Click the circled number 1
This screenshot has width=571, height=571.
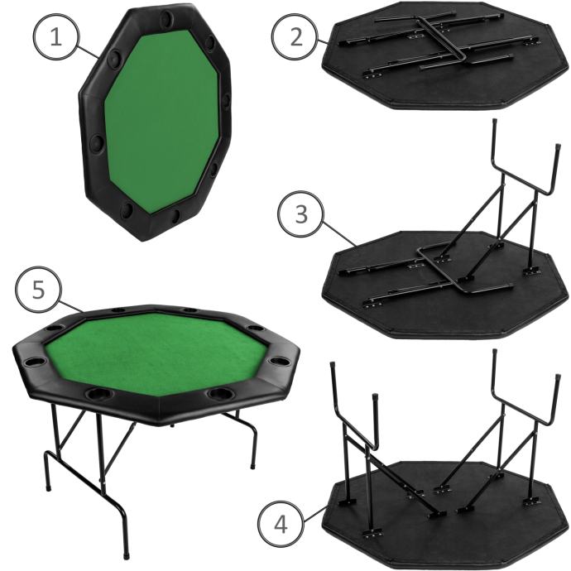(55, 36)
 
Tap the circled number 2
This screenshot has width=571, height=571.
(295, 36)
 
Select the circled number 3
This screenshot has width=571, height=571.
(300, 214)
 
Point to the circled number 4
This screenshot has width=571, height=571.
(281, 525)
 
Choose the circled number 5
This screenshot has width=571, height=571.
(38, 290)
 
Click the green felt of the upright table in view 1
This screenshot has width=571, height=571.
(162, 120)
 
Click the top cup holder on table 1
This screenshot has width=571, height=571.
(167, 17)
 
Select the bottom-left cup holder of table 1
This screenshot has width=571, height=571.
(127, 209)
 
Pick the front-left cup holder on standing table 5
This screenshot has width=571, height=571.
(98, 394)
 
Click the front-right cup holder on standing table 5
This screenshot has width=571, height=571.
(220, 394)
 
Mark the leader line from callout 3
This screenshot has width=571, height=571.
(340, 233)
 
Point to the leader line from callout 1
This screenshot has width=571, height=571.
(88, 51)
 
